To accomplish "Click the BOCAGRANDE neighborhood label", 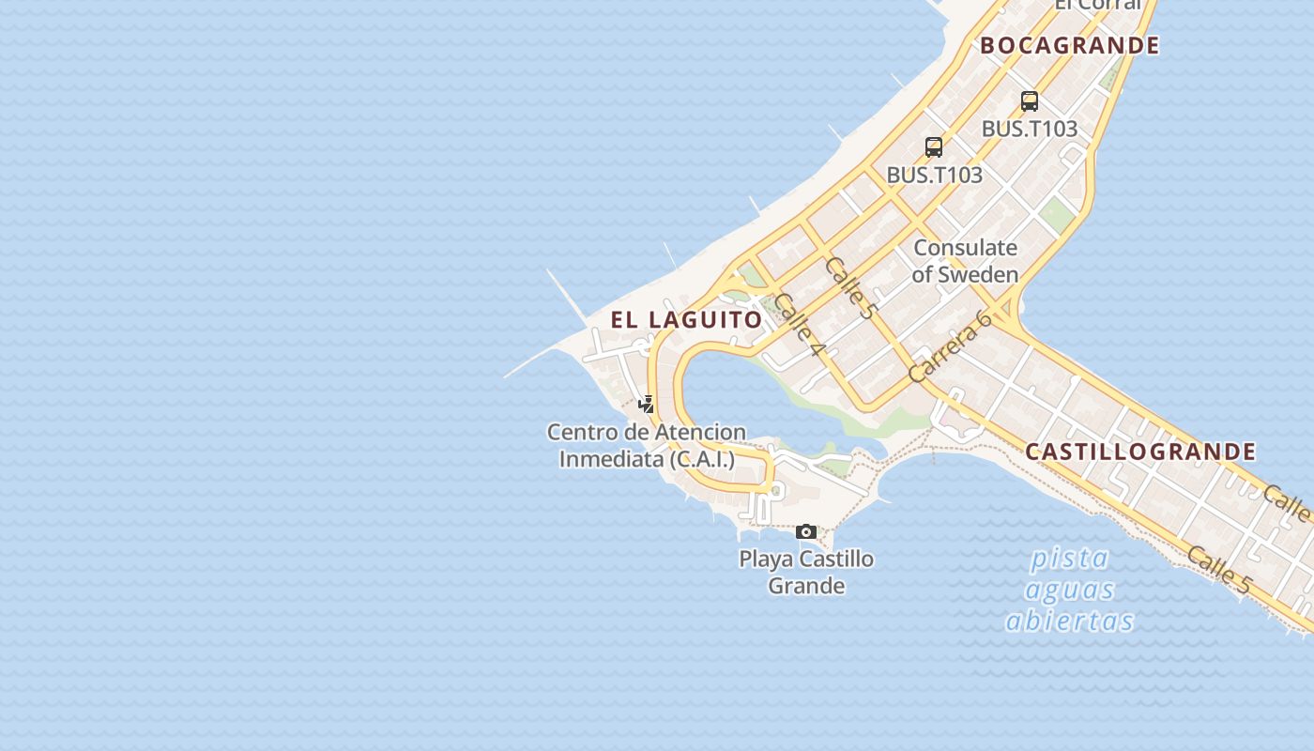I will [x=1070, y=45].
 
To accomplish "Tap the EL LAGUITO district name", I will [x=686, y=319].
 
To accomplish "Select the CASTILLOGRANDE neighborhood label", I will [x=1140, y=452].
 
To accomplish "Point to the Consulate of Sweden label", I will [x=965, y=261].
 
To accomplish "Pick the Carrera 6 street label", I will [x=951, y=345].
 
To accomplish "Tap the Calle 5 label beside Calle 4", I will [x=850, y=287].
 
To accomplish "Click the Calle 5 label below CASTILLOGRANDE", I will [x=1218, y=569].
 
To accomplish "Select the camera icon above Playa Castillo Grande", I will [x=805, y=532].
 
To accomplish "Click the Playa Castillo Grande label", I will [x=806, y=572].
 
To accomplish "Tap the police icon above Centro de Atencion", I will [x=646, y=405].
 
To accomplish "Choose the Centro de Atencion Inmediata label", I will [x=647, y=446].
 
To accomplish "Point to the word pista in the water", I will [x=1070, y=559].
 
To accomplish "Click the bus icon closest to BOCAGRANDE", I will [x=1030, y=101].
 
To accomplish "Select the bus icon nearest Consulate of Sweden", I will [x=934, y=147].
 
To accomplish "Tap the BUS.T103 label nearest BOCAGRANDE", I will [x=1030, y=129].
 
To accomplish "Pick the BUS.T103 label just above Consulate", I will [x=935, y=175].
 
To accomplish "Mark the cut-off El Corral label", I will [x=1097, y=5].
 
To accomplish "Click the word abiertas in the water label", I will [x=1070, y=621].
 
